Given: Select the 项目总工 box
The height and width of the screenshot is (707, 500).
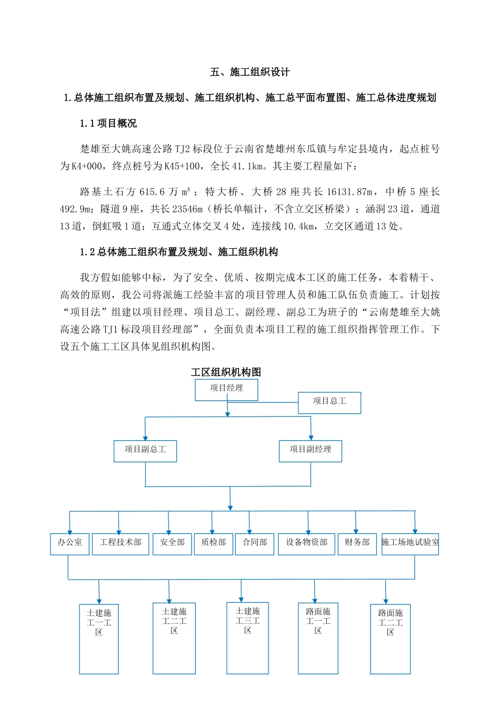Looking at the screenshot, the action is [329, 402].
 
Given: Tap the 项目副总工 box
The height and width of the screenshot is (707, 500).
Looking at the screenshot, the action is [145, 451].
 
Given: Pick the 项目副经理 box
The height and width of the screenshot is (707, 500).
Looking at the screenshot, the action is [311, 451].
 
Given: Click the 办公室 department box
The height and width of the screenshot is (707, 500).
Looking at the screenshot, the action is [69, 543].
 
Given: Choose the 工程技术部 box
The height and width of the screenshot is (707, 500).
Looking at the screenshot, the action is [121, 543].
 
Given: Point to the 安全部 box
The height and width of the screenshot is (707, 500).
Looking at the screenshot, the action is [172, 543].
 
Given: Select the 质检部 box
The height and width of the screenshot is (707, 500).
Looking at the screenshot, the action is [213, 543].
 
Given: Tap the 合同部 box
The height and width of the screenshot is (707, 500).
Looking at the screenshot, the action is [255, 543].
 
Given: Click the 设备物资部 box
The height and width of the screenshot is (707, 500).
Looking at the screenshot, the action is [307, 543].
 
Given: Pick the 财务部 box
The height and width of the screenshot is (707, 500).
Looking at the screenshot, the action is [357, 543].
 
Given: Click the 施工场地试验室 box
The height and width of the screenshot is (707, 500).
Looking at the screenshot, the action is [410, 543].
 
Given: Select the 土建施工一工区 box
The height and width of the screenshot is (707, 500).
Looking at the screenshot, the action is [99, 639].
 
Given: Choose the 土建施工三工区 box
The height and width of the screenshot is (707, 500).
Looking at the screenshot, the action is [247, 638].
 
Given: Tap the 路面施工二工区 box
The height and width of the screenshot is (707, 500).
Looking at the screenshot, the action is [391, 639].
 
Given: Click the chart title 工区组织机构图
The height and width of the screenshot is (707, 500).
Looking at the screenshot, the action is [226, 372].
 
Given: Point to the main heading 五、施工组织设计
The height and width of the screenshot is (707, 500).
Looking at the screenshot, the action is [250, 72].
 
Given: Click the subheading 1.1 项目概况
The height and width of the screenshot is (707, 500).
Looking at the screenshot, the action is [108, 123].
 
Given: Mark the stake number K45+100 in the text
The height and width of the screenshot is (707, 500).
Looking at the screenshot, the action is [182, 166].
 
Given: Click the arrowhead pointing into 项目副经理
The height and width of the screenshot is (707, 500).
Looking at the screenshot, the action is [311, 437].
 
